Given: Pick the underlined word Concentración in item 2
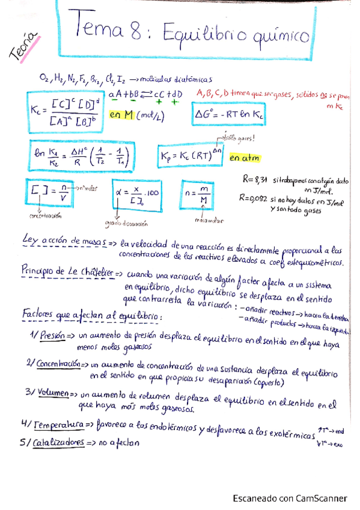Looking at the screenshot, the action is click(x=58, y=364).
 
